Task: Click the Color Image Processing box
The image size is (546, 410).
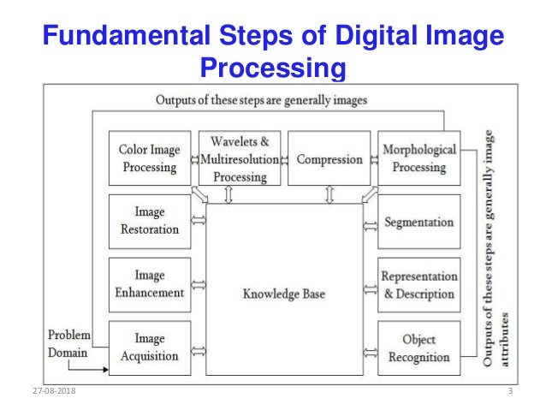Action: (150, 158)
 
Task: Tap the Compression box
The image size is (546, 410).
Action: (329, 158)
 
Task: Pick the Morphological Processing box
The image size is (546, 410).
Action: (418, 158)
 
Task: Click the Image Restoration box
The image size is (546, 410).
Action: (150, 222)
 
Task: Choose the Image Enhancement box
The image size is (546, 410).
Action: (150, 285)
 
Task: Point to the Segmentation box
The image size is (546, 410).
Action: (418, 222)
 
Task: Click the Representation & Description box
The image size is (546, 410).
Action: (418, 285)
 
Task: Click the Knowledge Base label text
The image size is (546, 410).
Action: (284, 294)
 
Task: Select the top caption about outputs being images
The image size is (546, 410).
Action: (261, 100)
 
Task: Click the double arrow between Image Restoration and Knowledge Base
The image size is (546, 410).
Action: (199, 222)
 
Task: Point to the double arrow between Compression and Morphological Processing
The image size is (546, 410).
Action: (374, 158)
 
